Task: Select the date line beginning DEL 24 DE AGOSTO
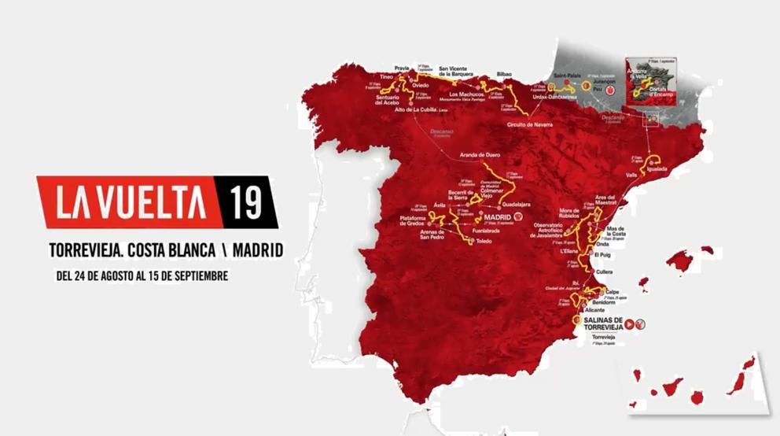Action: click(x=142, y=277)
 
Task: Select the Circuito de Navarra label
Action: click(x=530, y=124)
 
